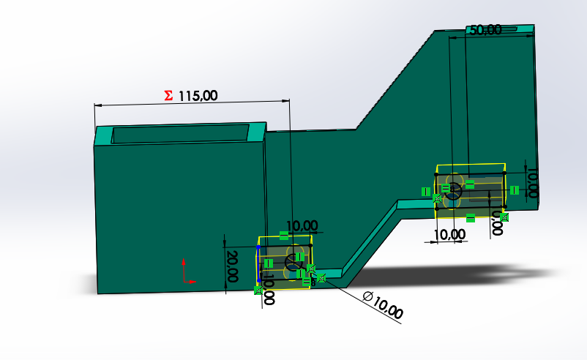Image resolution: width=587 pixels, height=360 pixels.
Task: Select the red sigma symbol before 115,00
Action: point(168,95)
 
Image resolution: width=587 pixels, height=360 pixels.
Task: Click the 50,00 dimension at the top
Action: point(485,30)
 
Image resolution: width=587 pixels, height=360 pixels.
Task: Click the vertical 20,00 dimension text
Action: point(232,266)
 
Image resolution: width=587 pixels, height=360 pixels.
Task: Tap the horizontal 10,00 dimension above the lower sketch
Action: point(302,226)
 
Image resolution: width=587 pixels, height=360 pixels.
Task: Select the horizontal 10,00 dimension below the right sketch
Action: point(449,234)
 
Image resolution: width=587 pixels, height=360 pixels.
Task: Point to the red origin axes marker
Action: point(186,271)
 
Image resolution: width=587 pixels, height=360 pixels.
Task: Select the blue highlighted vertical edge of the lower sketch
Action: point(259,263)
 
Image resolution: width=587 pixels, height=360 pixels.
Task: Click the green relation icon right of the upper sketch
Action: point(515,190)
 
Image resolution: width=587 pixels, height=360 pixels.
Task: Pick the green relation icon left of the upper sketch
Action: point(425,191)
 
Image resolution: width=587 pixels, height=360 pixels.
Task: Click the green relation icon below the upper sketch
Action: point(471,217)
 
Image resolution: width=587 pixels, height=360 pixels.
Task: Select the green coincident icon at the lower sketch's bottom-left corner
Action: point(258,290)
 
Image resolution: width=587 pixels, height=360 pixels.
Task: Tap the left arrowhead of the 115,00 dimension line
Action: point(97,105)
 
